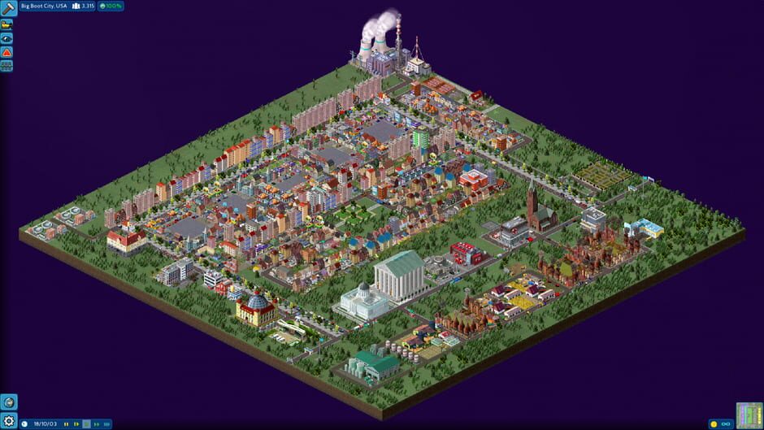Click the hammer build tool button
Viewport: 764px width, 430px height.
(9, 9)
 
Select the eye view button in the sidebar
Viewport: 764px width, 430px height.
(7, 37)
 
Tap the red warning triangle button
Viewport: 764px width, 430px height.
(7, 52)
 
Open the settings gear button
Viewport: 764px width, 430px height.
(9, 420)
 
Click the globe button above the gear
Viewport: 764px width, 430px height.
(9, 402)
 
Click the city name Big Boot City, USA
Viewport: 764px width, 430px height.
(44, 6)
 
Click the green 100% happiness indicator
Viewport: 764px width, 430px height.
(111, 6)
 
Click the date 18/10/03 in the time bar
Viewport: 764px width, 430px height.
(44, 423)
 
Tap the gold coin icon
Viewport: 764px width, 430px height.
(714, 423)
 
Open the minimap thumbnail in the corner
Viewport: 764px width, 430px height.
(749, 415)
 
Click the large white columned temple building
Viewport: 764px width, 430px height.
(399, 275)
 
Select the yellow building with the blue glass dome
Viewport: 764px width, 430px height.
(255, 308)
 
